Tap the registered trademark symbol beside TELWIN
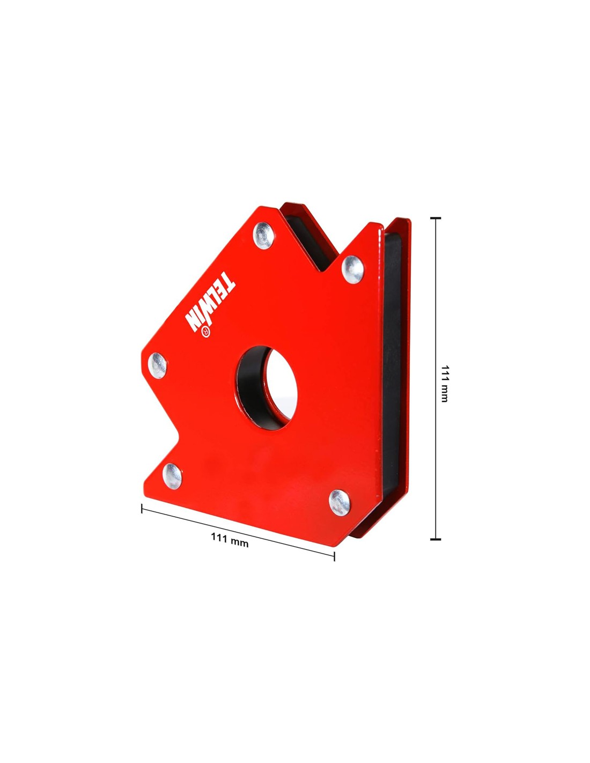point(205,332)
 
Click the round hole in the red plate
point(267,388)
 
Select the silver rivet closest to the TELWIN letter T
point(264,236)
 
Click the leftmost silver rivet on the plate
point(157,365)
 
